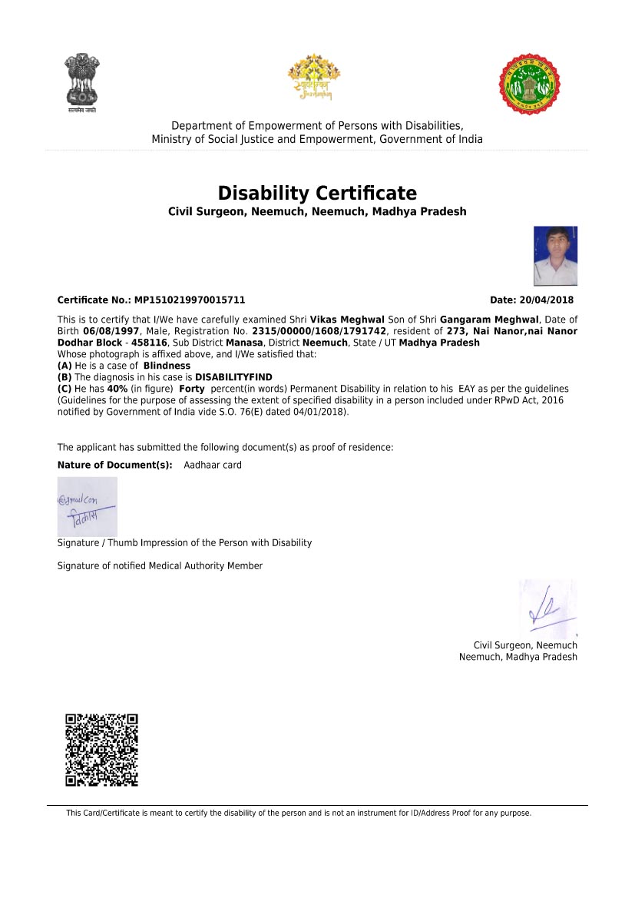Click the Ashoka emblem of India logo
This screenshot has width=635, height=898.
coord(81,81)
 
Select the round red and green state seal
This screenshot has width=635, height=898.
coord(530,84)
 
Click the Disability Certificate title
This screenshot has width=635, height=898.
coord(317,193)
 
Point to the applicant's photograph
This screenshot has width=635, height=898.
coord(555,256)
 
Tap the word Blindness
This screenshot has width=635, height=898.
coord(167,366)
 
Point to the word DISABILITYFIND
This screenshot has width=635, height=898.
coord(233,377)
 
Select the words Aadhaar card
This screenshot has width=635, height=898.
coord(213,465)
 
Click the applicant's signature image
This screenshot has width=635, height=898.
coord(88,506)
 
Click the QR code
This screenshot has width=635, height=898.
coord(101,750)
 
